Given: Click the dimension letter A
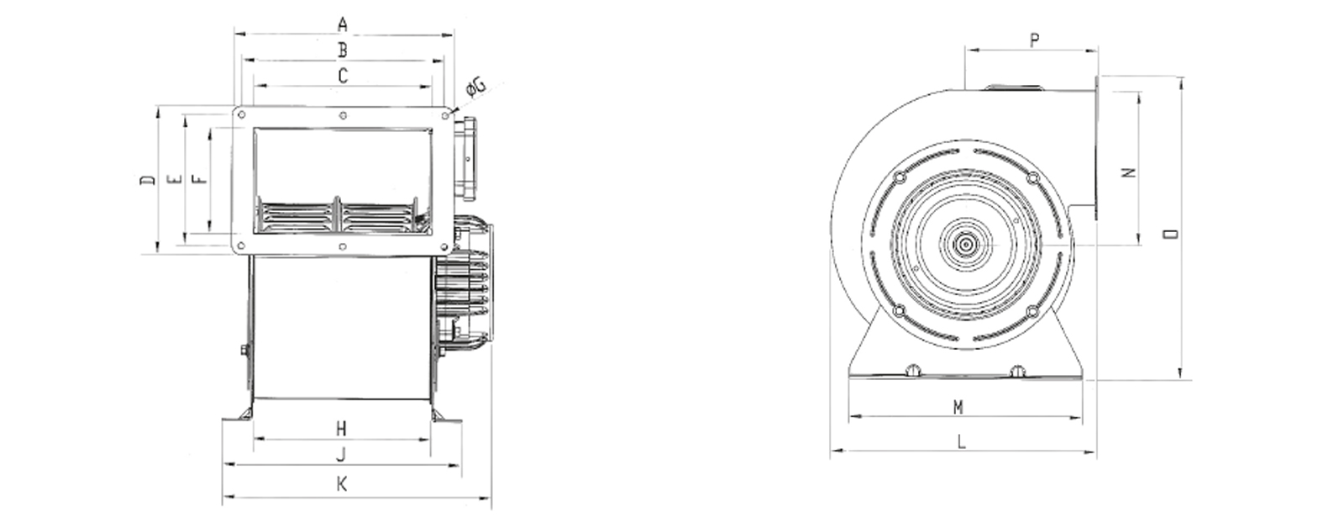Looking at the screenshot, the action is [343, 24].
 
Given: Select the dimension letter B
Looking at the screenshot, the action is [343, 50].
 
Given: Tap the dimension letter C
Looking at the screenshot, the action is [343, 76].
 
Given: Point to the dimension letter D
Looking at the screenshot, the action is [148, 180].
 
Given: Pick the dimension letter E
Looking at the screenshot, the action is [176, 179].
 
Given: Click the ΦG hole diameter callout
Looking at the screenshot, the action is [475, 87].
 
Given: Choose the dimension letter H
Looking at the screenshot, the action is [341, 429].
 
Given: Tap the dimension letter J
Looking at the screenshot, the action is [341, 455].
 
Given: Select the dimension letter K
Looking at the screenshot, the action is [342, 484].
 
